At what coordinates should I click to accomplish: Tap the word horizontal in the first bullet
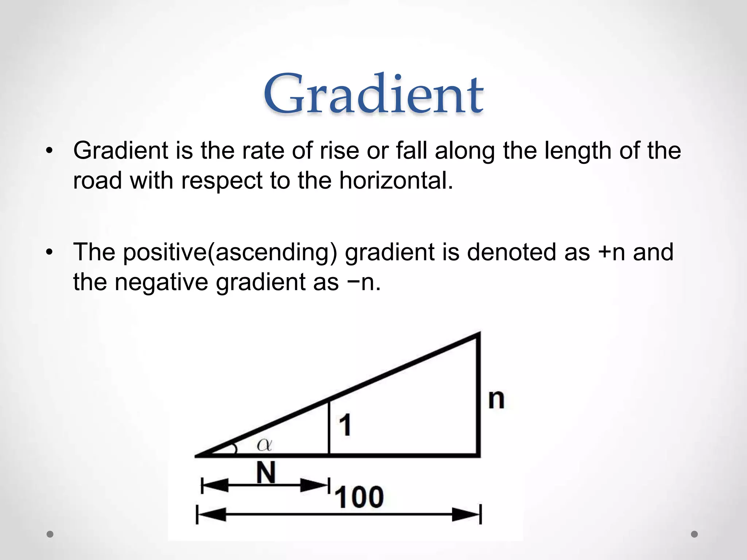[x=396, y=180]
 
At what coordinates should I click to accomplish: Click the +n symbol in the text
[x=612, y=252]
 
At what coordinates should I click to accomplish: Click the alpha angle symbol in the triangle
[x=264, y=445]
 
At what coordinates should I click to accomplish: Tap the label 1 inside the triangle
[x=345, y=425]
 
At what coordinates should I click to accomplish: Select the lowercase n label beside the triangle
[x=496, y=400]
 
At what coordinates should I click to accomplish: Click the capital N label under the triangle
[x=266, y=472]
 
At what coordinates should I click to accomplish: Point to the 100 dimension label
[x=359, y=497]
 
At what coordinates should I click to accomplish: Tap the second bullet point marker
[x=50, y=252]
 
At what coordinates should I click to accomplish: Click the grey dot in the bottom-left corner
[x=50, y=534]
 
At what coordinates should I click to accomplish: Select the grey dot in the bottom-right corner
[x=694, y=534]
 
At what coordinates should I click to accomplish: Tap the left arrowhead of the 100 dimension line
[x=212, y=515]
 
